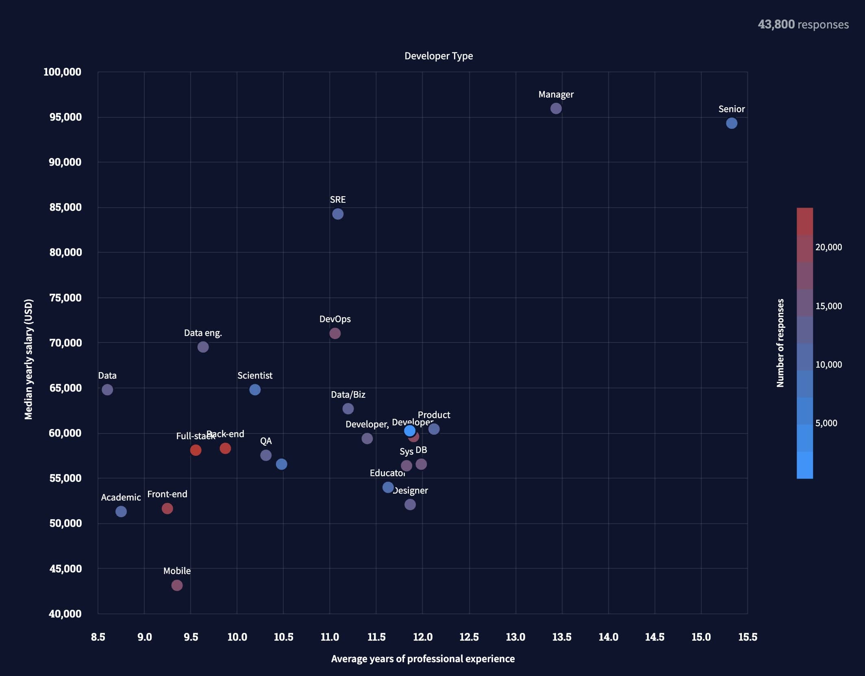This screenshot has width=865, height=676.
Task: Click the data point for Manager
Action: tap(556, 108)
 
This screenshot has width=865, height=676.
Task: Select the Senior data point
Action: tap(731, 123)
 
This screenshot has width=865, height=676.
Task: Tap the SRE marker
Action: tap(337, 214)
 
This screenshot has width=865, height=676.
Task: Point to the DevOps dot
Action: tap(335, 333)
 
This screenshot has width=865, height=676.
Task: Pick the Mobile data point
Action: tap(177, 585)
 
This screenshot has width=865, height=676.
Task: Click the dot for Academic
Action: tap(121, 511)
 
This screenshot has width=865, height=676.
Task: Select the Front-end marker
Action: tap(167, 508)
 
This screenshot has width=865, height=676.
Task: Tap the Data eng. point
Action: tap(203, 347)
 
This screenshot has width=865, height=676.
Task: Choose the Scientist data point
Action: tap(255, 390)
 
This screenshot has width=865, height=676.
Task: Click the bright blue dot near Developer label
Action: tap(409, 430)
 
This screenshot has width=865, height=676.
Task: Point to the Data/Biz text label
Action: tap(348, 394)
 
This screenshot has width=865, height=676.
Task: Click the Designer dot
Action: tap(410, 504)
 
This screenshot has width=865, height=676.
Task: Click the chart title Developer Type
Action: tap(439, 56)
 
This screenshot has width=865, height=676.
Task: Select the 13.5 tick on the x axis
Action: tap(562, 637)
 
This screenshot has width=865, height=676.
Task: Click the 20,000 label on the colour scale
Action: tap(828, 247)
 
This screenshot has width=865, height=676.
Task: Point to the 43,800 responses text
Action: tap(803, 24)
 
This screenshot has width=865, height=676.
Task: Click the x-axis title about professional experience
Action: tap(423, 659)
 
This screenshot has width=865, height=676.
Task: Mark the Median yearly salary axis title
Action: tap(28, 359)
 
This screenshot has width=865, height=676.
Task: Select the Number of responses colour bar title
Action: tap(780, 343)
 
